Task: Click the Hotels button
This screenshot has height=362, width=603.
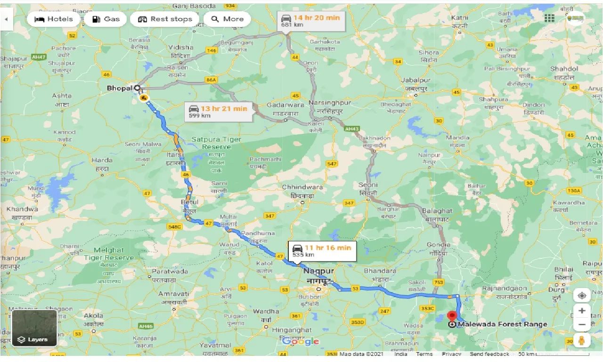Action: [53, 19]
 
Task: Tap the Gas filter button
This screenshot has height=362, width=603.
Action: [106, 19]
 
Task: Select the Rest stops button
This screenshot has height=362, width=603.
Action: [165, 19]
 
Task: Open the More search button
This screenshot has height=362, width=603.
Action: [227, 19]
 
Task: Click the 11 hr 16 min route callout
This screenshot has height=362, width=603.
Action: [322, 251]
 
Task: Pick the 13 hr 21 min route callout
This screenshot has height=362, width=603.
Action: [218, 112]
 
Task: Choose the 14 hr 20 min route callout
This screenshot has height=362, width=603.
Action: [310, 21]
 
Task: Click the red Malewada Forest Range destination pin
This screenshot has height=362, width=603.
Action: [452, 316]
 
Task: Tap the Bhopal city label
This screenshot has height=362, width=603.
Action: [120, 88]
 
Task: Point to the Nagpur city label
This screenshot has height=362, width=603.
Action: [318, 271]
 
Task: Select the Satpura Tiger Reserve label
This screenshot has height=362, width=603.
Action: [216, 143]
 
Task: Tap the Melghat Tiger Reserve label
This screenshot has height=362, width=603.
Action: [109, 254]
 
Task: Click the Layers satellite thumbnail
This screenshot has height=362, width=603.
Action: [34, 328]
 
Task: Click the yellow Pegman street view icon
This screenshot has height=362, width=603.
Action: [582, 340]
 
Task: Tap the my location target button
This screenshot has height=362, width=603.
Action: [582, 296]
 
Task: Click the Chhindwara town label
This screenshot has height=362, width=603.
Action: [302, 187]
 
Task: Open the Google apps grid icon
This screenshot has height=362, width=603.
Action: [549, 18]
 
